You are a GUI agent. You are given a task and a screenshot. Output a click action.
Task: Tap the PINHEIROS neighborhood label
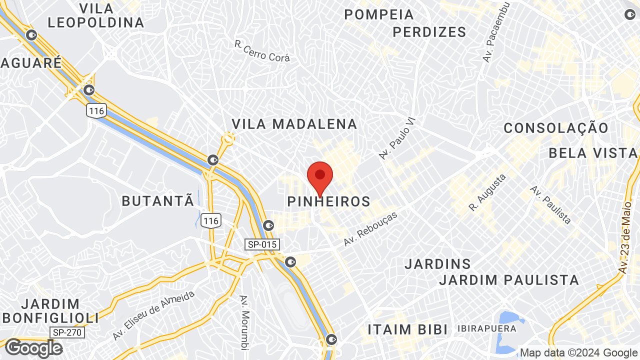click(x=329, y=201)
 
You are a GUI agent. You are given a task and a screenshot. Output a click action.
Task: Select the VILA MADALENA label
click(x=294, y=124)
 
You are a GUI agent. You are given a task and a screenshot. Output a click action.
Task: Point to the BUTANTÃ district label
click(x=158, y=201)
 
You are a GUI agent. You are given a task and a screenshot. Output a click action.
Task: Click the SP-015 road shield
click(x=262, y=244)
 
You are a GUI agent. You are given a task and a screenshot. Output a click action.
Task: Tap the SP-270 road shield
click(x=67, y=332)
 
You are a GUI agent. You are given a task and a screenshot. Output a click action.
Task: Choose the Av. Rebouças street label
click(x=370, y=228)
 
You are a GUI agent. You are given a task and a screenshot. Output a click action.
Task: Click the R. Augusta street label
click(x=487, y=192)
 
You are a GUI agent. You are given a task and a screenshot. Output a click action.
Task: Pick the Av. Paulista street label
click(x=550, y=205)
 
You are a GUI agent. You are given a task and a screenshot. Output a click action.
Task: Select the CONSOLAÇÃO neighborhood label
click(x=556, y=128)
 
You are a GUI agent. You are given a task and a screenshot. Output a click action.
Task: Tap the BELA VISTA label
click(x=593, y=152)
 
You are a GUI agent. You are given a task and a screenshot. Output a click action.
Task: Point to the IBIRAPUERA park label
click(x=486, y=328)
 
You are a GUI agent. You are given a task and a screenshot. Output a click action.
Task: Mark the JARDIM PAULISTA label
click(x=509, y=279)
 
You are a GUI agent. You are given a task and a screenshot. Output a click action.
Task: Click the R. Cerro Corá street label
click(x=262, y=51)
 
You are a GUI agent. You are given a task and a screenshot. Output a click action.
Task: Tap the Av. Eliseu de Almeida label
click(x=153, y=315)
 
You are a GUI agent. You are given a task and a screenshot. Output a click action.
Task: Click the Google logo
click(x=33, y=348)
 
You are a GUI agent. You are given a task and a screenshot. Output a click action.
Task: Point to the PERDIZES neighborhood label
click(x=429, y=32)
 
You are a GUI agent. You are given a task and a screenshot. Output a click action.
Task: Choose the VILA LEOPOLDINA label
click(x=96, y=15)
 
